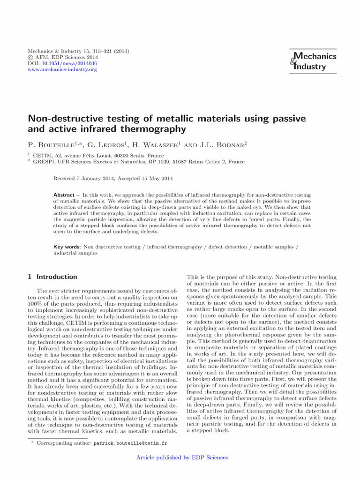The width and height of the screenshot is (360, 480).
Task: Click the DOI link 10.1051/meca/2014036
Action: click(x=69, y=63)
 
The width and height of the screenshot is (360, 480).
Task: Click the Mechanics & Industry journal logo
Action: click(x=313, y=61)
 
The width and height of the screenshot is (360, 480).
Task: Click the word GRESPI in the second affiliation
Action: click(x=44, y=162)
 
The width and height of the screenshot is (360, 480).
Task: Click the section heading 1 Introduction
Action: click(x=52, y=277)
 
